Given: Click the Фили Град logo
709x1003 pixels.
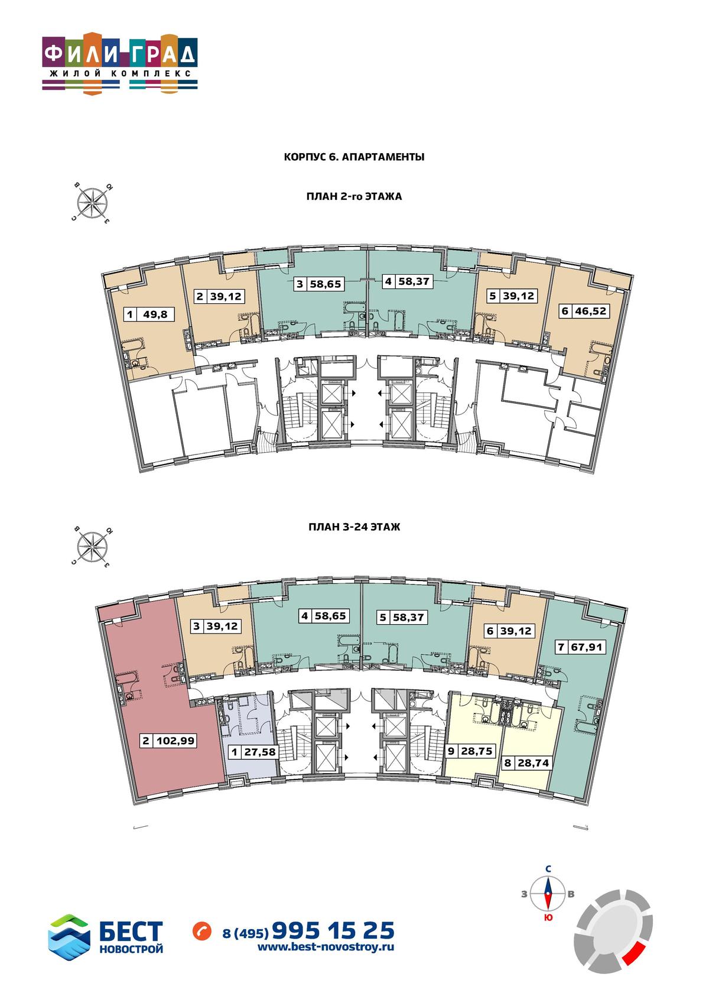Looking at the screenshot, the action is click(120, 63).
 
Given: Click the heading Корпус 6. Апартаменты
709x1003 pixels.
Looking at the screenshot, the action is click(354, 157).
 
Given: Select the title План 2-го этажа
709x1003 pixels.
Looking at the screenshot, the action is click(354, 196).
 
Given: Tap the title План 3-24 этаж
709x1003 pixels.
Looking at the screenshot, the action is click(354, 527).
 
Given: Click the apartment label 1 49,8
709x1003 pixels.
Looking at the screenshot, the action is click(148, 314).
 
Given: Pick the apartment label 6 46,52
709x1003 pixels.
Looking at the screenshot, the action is click(584, 310).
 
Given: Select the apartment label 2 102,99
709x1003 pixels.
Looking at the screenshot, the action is click(168, 741).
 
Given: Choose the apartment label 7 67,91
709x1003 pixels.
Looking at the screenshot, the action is click(581, 647).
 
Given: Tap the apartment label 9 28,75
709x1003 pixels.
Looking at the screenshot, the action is click(470, 751).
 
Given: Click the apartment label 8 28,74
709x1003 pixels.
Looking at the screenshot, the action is click(527, 762).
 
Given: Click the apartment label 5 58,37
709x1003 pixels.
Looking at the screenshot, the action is click(402, 618).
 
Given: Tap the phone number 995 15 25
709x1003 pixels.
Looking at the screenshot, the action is click(333, 930).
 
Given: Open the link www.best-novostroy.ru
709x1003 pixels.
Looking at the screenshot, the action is click(326, 947).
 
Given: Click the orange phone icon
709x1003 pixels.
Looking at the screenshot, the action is click(202, 930).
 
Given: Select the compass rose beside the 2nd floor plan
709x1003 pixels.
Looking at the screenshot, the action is click(92, 203).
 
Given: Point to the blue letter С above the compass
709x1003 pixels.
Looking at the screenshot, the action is click(548, 869).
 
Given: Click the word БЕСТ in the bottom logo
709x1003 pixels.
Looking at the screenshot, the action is click(131, 931).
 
